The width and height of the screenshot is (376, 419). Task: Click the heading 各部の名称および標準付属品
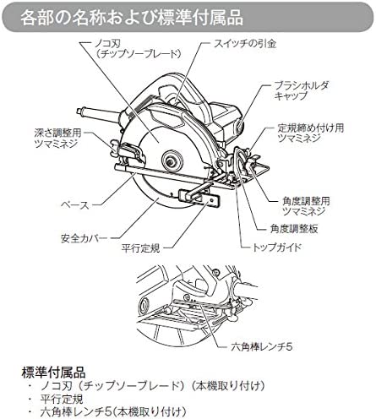(x=132, y=18)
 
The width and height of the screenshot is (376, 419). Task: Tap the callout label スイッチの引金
(x=244, y=44)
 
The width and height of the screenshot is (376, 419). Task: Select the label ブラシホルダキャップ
(x=301, y=90)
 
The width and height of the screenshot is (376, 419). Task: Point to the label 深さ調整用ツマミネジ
(x=57, y=139)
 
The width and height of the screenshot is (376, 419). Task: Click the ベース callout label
(x=75, y=204)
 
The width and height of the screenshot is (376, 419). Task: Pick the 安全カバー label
(x=84, y=238)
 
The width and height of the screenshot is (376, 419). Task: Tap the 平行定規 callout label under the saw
(x=140, y=248)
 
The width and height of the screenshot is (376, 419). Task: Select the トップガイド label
(x=276, y=248)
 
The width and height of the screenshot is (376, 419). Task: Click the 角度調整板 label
(x=294, y=229)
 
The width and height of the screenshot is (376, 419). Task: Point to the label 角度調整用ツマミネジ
(x=306, y=206)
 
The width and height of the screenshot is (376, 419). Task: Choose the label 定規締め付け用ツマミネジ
(x=310, y=133)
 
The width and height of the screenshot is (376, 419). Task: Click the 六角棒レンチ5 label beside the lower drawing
(x=262, y=346)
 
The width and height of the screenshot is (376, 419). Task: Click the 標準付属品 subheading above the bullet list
(x=53, y=373)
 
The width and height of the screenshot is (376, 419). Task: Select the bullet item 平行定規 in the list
(x=62, y=399)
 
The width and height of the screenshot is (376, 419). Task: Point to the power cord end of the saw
(x=80, y=111)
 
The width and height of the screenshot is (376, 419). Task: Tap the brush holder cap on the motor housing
(x=240, y=124)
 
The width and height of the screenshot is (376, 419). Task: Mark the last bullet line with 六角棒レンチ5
(x=113, y=412)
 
